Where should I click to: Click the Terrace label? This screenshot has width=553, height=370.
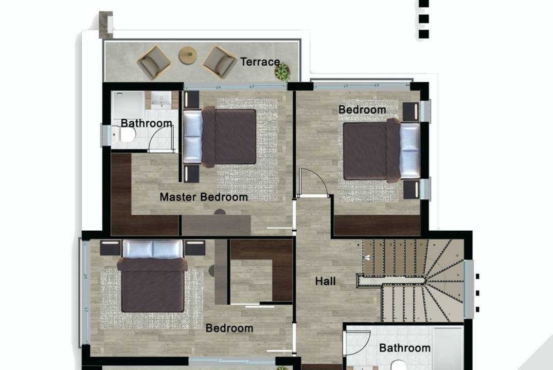[x=260, y=62]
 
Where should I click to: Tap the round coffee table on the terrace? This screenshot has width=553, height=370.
[x=188, y=55]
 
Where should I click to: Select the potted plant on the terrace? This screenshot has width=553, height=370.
[x=282, y=71]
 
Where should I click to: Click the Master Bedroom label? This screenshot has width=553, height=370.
[x=204, y=197]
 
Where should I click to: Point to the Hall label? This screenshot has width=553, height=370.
[x=325, y=281]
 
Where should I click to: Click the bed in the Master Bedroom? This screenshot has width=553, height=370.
[x=219, y=136]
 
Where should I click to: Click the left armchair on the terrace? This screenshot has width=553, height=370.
[x=154, y=62]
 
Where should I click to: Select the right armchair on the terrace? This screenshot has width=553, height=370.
[x=219, y=62]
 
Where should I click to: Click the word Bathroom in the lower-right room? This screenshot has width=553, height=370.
[x=404, y=348]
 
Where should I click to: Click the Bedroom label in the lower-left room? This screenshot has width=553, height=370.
[x=229, y=328]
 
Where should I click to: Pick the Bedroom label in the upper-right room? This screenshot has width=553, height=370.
[x=362, y=109]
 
